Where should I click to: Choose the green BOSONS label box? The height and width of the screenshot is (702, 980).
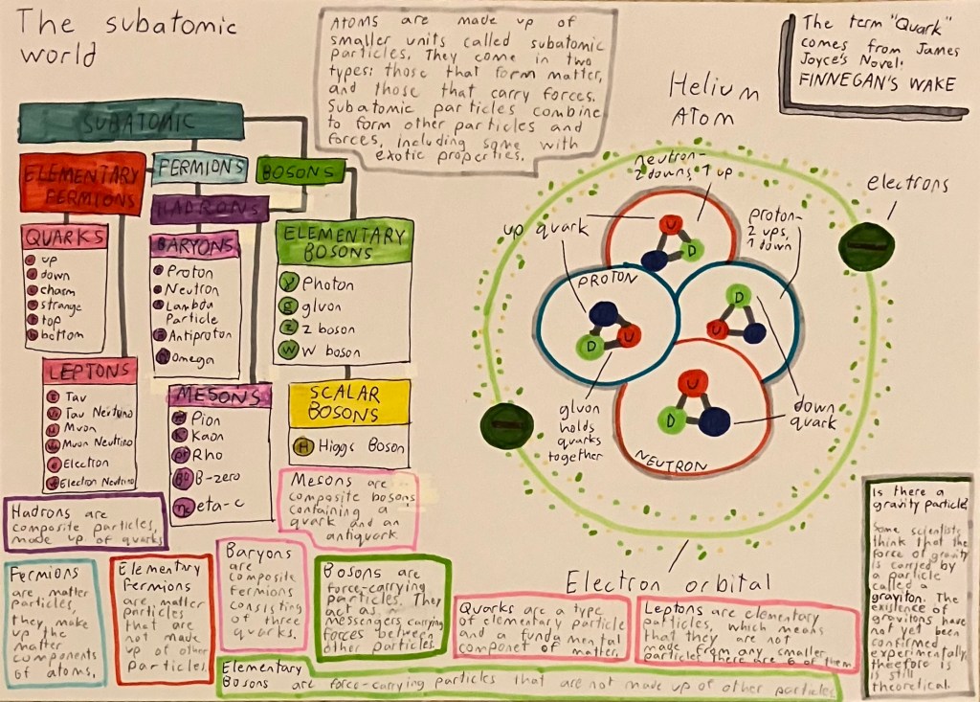click(x=300, y=171)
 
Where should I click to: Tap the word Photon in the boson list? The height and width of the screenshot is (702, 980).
click(x=327, y=284)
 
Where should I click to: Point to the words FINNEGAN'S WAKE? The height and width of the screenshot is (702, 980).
click(x=880, y=84)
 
